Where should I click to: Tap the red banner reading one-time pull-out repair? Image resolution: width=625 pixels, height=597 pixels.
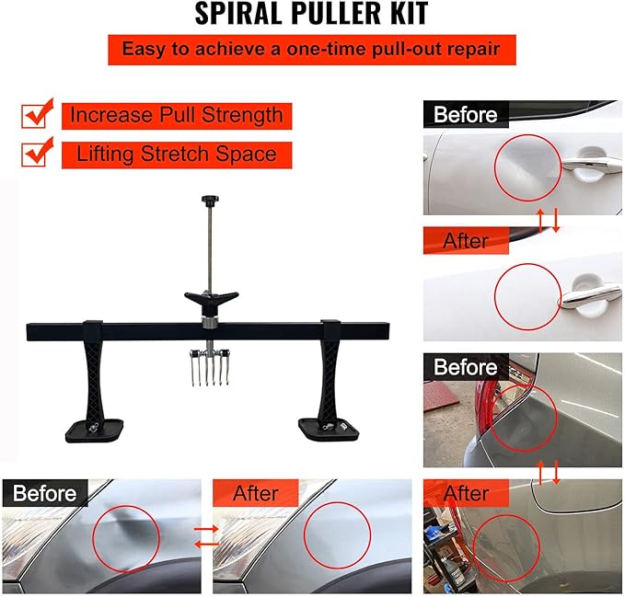311,50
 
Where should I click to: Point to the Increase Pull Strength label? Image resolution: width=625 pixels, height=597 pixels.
176,116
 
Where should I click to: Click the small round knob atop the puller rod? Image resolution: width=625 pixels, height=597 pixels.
209,199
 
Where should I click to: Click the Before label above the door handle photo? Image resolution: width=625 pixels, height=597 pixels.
465,115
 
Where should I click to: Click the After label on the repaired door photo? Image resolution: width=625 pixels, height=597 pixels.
465,241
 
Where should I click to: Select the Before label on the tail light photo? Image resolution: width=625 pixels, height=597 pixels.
465,367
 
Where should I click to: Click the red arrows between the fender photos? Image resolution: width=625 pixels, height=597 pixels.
207,534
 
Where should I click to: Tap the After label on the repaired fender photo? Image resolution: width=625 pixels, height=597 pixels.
255,494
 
